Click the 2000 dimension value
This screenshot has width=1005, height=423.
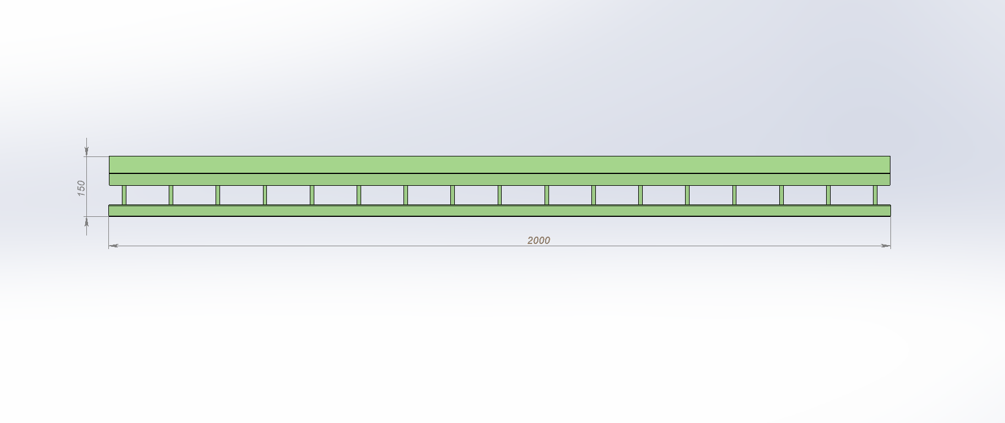click(x=538, y=240)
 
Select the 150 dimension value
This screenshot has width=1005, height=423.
click(x=81, y=188)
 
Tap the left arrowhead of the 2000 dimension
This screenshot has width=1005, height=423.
click(x=112, y=246)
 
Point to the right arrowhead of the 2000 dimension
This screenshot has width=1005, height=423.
click(x=886, y=246)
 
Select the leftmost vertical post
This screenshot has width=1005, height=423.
click(x=124, y=195)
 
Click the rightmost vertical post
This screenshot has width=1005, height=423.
click(x=875, y=195)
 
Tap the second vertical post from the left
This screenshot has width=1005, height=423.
click(x=171, y=195)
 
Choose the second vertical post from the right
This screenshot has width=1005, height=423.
click(x=828, y=195)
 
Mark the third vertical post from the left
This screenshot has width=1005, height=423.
click(x=218, y=195)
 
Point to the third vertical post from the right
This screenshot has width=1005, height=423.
click(x=782, y=195)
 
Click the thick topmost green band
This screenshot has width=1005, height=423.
click(x=499, y=164)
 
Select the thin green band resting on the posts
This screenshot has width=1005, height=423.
click(x=499, y=180)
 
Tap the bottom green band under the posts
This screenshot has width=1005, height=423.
click(x=499, y=211)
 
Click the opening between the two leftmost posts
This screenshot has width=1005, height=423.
click(x=147, y=195)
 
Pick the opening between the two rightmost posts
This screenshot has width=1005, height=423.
click(x=852, y=195)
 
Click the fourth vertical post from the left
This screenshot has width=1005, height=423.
click(x=265, y=195)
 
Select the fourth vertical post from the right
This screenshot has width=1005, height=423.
click(x=734, y=195)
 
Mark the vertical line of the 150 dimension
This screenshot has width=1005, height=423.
click(x=87, y=169)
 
